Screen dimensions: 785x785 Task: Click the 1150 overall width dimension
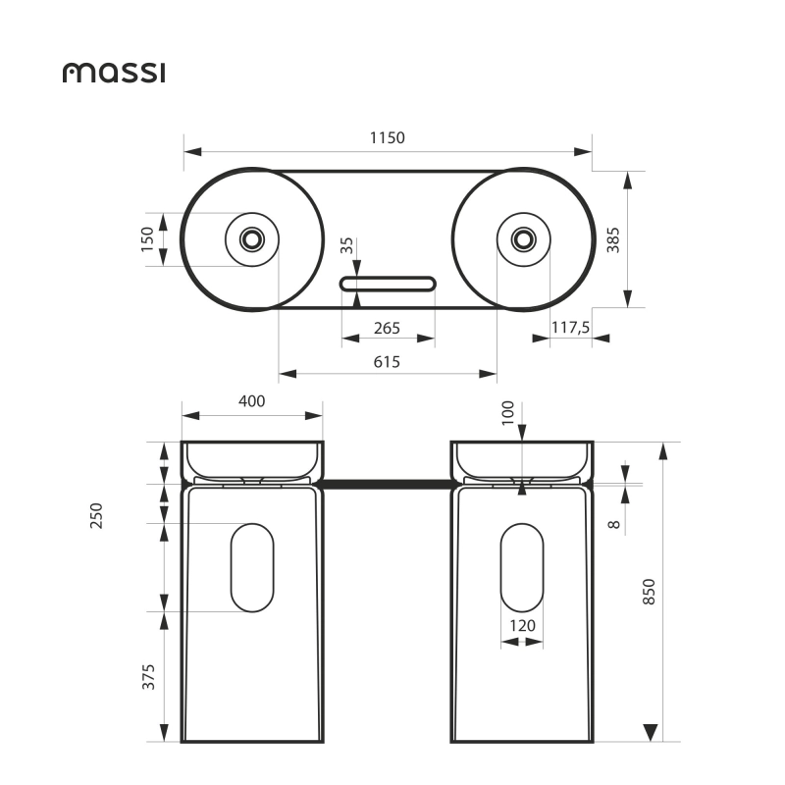click(388, 138)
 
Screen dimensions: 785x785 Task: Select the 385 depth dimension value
click(613, 239)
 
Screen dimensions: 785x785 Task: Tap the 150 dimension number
click(148, 239)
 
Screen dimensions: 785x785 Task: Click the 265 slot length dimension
click(387, 328)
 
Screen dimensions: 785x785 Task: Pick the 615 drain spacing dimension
click(388, 361)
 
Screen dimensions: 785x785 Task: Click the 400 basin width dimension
click(252, 401)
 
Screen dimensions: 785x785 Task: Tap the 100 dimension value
click(507, 411)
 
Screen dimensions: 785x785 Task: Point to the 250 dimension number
click(96, 515)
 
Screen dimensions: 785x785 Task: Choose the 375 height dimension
click(149, 677)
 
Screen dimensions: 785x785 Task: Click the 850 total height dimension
click(648, 592)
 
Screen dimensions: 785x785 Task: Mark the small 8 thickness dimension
click(614, 525)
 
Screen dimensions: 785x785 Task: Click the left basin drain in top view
click(252, 238)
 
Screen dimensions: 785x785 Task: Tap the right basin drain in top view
click(523, 238)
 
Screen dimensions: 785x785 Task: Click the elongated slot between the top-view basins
click(389, 284)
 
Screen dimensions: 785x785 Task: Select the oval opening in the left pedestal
click(252, 567)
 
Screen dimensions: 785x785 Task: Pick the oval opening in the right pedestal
click(522, 567)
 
